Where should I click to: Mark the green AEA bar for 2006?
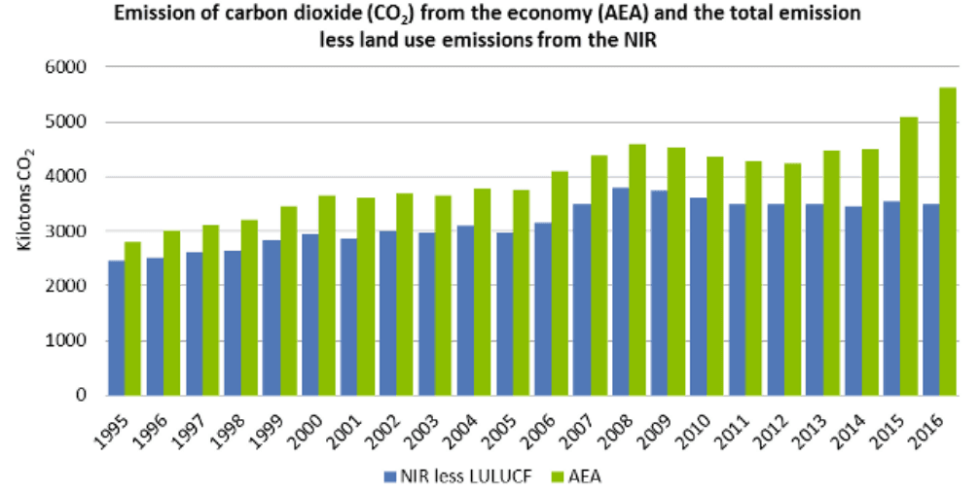pos(558,283)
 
